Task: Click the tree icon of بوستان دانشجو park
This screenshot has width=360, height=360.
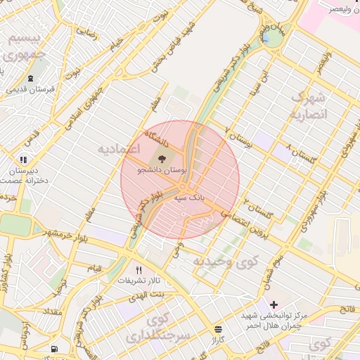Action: coord(162,159)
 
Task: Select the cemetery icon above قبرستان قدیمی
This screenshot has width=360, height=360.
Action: coord(30,79)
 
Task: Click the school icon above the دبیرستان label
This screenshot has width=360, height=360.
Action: coord(24,160)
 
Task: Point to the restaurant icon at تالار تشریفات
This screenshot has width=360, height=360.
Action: coord(139,270)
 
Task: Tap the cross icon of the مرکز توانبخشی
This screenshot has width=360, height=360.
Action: coord(273,304)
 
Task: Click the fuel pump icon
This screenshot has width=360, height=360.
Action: coord(54,349)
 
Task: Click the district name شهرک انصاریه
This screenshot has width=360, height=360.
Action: coord(309,105)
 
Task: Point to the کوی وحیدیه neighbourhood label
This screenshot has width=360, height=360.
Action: coord(226,262)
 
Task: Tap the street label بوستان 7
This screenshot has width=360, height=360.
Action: coord(238,137)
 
